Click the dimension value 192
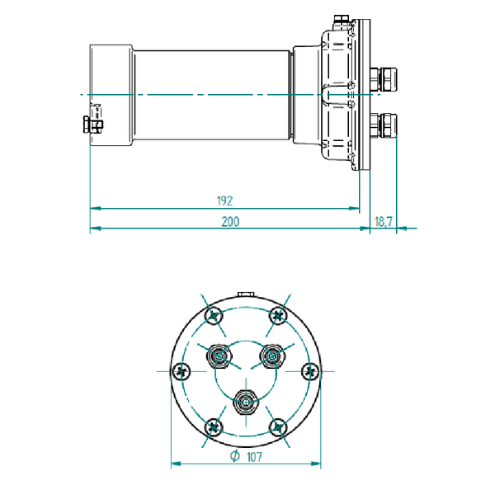(224, 201)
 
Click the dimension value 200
(230, 222)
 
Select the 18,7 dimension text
(384, 222)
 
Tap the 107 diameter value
(254, 457)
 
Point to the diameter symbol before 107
(235, 456)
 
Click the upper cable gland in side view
(384, 79)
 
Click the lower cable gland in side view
(384, 125)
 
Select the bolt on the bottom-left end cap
(92, 125)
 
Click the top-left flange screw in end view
(214, 315)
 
